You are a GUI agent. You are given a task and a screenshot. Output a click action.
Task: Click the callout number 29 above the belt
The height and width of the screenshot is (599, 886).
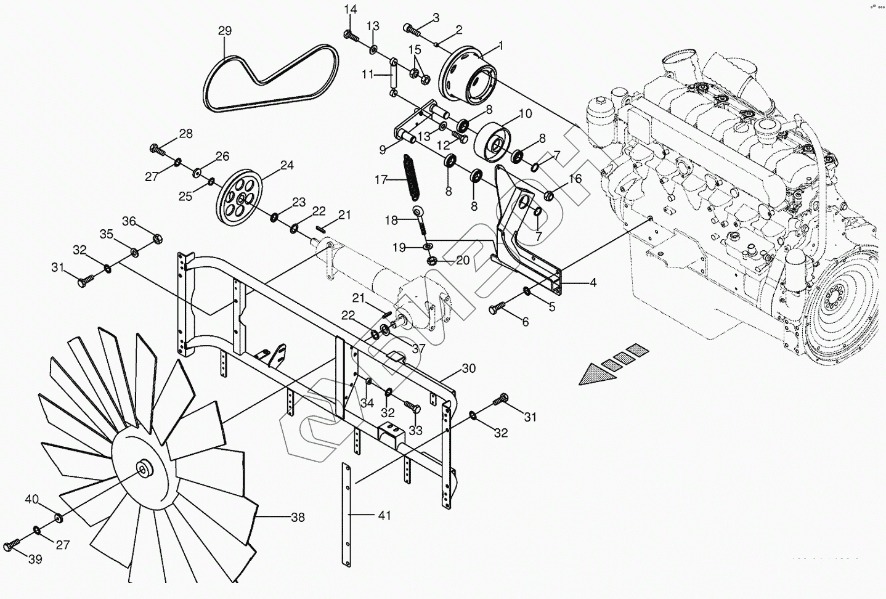tap(224, 31)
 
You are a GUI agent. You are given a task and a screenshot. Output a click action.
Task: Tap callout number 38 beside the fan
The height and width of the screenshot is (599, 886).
tap(298, 518)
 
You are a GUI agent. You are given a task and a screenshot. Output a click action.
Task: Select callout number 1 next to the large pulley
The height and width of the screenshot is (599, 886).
tap(500, 45)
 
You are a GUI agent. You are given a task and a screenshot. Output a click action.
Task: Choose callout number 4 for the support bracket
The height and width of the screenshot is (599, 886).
tap(592, 283)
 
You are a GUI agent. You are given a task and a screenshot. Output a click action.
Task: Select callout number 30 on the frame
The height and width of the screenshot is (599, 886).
tap(469, 369)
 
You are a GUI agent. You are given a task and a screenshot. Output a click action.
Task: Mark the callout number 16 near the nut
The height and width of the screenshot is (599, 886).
tap(574, 179)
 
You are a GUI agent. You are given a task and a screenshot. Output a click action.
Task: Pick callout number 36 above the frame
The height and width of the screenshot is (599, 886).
tap(128, 221)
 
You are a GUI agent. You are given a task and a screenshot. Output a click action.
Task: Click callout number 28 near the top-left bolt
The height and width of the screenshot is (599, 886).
tap(185, 133)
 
